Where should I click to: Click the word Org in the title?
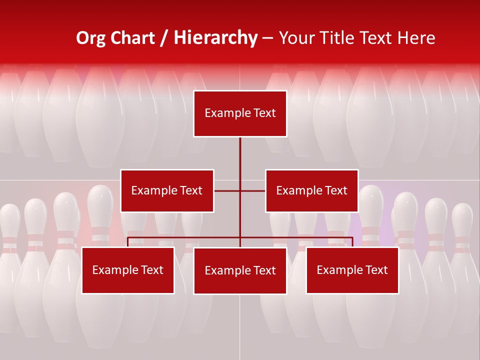[x=91, y=38]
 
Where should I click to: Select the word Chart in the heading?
[x=133, y=38]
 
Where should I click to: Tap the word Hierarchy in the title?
[x=215, y=38]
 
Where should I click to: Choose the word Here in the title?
[x=415, y=38]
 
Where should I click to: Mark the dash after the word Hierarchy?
[x=267, y=38]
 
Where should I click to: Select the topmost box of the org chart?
[x=240, y=113]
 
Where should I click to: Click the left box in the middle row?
[x=167, y=190]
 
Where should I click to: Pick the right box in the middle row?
[x=311, y=190]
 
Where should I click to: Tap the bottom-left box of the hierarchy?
[x=128, y=270]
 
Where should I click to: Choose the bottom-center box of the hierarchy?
[x=240, y=270]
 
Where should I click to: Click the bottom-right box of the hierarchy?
[x=352, y=270]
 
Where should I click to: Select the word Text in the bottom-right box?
[x=376, y=270]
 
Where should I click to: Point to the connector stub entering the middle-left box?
[x=226, y=190]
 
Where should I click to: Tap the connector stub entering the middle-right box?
[x=253, y=190]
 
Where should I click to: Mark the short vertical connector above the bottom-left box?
[x=128, y=242]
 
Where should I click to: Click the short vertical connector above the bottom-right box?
[x=352, y=242]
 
